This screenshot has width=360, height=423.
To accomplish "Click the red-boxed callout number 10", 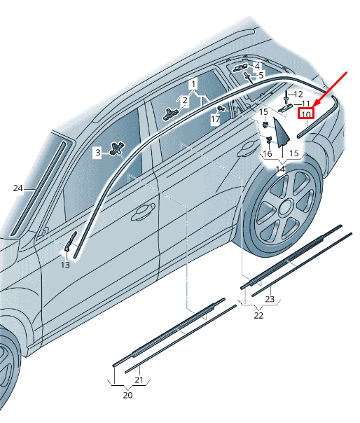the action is [306, 114].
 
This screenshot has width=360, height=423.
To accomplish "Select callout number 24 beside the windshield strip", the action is [18, 188].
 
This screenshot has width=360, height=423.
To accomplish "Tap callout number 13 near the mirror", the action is [65, 265].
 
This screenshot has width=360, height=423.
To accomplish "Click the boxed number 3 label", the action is [97, 153].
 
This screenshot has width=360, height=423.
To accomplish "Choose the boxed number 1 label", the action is [193, 84].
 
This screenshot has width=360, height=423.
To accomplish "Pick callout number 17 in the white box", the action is [215, 119].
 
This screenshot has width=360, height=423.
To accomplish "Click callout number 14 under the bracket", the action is [281, 169].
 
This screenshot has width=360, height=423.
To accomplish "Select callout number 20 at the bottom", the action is [128, 395].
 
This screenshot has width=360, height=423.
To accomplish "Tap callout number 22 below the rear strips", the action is [258, 315].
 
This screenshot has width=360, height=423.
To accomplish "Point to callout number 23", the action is [270, 299].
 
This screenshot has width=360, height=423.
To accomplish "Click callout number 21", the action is [139, 380].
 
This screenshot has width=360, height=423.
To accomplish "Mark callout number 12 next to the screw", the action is [298, 94].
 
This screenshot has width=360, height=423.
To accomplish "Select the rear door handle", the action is [247, 148].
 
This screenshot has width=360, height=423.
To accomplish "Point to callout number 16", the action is [267, 154].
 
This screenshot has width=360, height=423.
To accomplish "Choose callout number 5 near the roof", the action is [261, 75].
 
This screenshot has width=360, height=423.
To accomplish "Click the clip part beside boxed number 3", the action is [117, 148].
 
